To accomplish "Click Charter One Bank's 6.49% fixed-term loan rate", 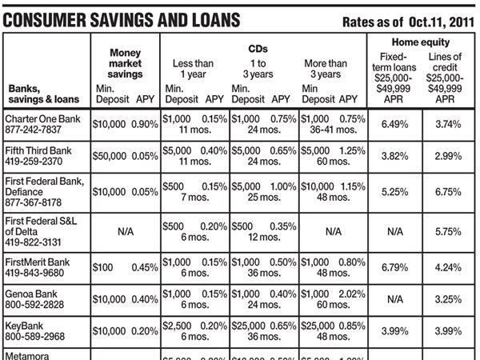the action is (394, 125).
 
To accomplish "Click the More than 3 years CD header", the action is (326, 69).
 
